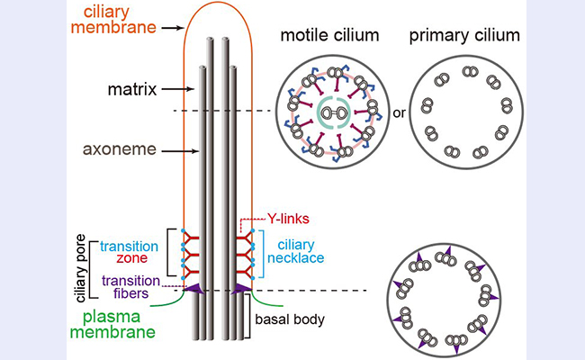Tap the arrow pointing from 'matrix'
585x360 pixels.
coord(176,89)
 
